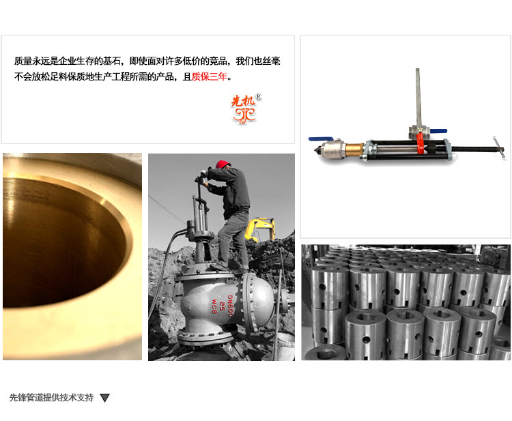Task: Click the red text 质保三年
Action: (210, 76)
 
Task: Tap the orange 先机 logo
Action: (244, 109)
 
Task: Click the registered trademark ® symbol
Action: (258, 97)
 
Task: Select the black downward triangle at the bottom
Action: (105, 398)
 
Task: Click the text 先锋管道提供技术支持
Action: (52, 398)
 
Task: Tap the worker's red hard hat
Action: (223, 164)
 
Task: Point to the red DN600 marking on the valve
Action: (230, 306)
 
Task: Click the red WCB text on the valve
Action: (214, 306)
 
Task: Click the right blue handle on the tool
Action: (438, 131)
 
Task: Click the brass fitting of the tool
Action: (354, 150)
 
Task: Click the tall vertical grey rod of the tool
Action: (418, 97)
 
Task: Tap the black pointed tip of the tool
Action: (316, 151)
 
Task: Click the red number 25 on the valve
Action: (222, 306)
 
